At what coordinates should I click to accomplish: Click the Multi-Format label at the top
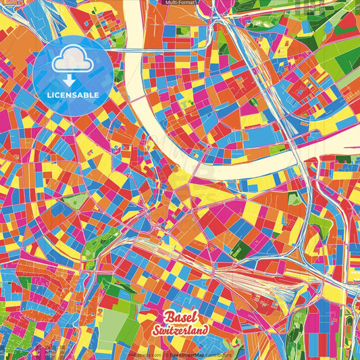[x=180, y=3]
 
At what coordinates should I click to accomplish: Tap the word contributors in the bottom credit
[x=219, y=354]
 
